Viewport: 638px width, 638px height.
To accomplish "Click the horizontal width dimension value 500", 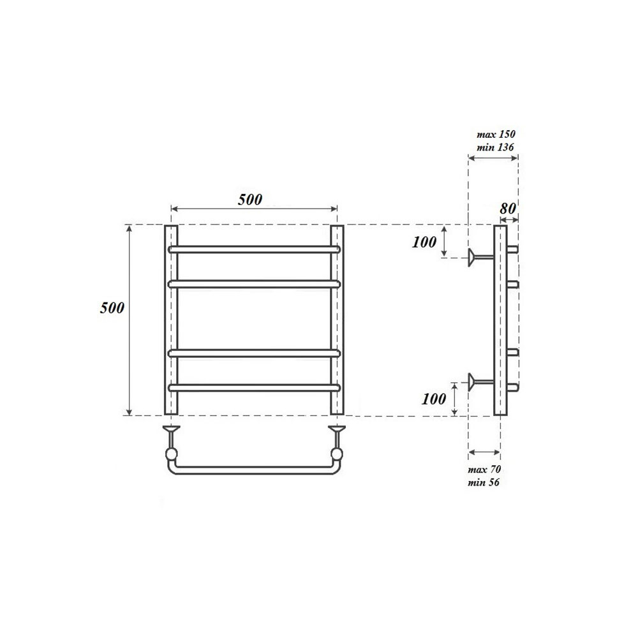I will click(250, 199).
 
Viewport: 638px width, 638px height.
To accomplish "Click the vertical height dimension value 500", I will click(112, 308).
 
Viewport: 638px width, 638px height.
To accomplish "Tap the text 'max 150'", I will click(496, 135).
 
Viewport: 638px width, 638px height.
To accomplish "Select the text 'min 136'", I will click(496, 147).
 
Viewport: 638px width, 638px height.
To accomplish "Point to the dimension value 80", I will click(508, 208).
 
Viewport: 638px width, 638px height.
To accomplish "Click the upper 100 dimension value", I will click(424, 242).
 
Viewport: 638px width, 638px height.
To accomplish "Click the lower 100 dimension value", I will click(434, 399).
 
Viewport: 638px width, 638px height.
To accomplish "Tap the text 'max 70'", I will click(484, 470).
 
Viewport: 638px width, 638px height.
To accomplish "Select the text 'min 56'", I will click(484, 483).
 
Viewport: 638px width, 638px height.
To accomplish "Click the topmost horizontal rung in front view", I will click(253, 249).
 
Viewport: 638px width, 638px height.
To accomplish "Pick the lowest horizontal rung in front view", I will click(253, 387).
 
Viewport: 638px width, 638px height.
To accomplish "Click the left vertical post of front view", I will click(171, 319).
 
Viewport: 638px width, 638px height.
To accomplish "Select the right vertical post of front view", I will click(337, 319).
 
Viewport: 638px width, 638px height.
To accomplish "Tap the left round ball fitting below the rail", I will click(171, 454).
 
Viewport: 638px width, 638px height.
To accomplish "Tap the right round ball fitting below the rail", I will click(336, 454).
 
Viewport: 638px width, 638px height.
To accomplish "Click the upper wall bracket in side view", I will click(478, 257).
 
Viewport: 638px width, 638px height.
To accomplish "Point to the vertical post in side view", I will click(500, 319).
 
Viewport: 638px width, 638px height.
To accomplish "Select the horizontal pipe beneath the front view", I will click(253, 471).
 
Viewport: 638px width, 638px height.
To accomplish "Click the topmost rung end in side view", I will click(512, 249).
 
